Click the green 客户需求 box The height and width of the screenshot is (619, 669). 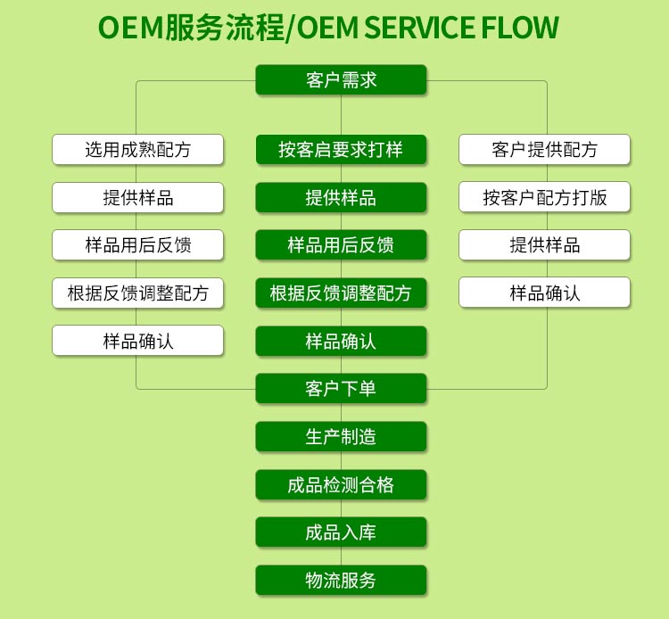pyautogui.click(x=341, y=80)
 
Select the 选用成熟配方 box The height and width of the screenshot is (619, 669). pyautogui.click(x=137, y=150)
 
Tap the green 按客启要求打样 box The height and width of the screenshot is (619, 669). pyautogui.click(x=341, y=150)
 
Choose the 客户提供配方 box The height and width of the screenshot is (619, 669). pyautogui.click(x=544, y=150)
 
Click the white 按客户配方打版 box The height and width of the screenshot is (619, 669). pyautogui.click(x=544, y=197)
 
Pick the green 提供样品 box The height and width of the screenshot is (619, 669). pyautogui.click(x=341, y=197)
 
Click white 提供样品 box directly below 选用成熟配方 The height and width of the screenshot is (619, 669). pyautogui.click(x=137, y=197)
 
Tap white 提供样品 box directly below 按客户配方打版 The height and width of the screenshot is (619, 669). pyautogui.click(x=544, y=245)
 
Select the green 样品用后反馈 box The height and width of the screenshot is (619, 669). pyautogui.click(x=341, y=245)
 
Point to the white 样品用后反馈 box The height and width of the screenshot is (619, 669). pyautogui.click(x=137, y=245)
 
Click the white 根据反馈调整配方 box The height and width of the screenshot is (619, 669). pyautogui.click(x=137, y=293)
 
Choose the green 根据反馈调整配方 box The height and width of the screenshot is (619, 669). pyautogui.click(x=341, y=293)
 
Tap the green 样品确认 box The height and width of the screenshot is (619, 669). pyautogui.click(x=341, y=341)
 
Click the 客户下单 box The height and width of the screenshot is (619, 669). pyautogui.click(x=341, y=389)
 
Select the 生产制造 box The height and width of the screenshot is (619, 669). pyautogui.click(x=341, y=437)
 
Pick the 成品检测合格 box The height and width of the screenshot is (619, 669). pyautogui.click(x=341, y=484)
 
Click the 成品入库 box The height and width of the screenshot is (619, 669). pyautogui.click(x=341, y=532)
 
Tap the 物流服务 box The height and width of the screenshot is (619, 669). pyautogui.click(x=341, y=581)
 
